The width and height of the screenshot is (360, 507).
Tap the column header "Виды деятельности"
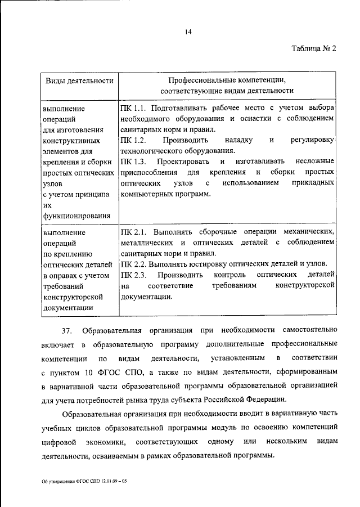pos(79,80)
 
